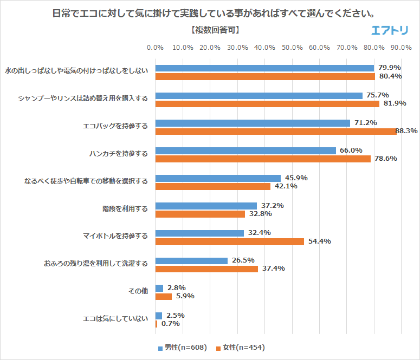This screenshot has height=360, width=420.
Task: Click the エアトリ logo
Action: (390, 30)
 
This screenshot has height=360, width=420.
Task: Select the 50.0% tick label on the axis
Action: (292, 48)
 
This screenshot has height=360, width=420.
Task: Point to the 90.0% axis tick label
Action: (401, 48)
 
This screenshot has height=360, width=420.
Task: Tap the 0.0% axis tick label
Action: (156, 48)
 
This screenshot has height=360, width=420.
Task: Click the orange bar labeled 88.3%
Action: (276, 131)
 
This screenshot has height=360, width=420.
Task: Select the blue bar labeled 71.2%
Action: (253, 123)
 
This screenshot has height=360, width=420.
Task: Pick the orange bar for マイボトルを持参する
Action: (230, 241)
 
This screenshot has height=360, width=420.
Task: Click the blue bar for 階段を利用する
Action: (206, 206)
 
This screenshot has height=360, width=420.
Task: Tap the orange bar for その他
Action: (164, 296)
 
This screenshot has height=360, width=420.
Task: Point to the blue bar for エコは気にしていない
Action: (159, 316)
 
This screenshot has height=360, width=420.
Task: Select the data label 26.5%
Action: (243, 260)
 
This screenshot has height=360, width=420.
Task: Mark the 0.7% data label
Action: (170, 324)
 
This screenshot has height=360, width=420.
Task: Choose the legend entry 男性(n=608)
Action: (182, 348)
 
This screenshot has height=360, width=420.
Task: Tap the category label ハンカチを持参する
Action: (118, 154)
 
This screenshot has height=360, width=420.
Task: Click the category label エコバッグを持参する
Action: (115, 126)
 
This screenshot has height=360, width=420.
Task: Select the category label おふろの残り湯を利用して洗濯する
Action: (95, 264)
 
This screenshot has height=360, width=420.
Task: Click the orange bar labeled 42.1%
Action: (213, 186)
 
